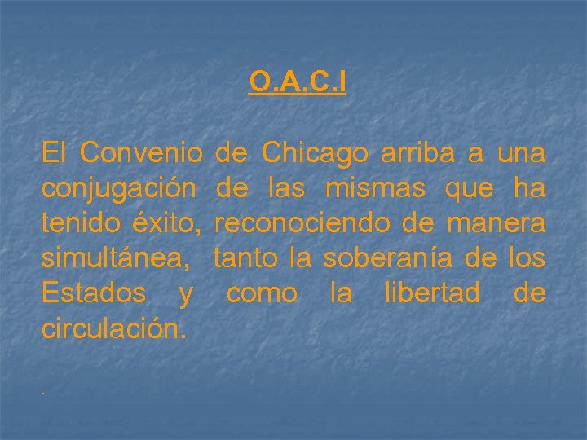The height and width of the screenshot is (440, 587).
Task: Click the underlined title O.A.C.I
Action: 298,82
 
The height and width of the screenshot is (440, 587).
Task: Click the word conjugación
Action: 119,189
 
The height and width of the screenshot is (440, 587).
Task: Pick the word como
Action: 262,293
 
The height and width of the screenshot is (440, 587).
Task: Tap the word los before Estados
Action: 523,258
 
